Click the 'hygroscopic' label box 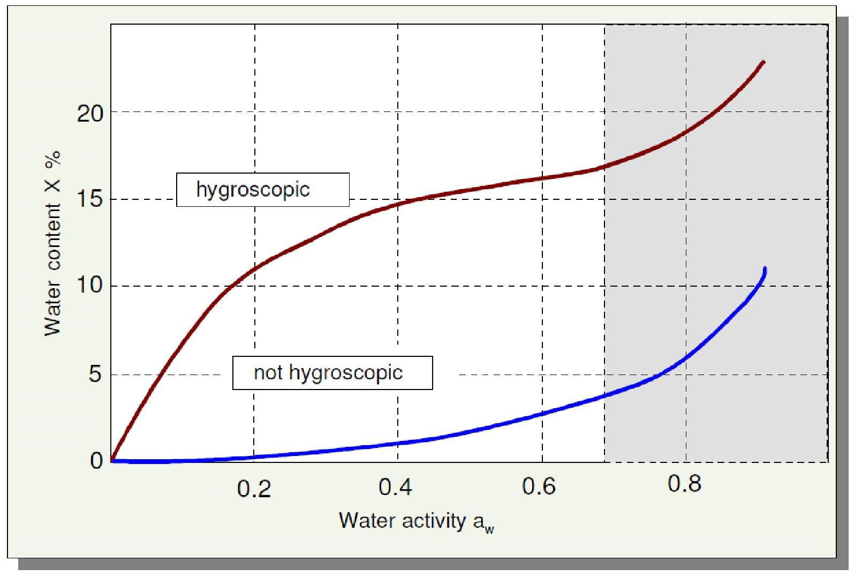(x=263, y=190)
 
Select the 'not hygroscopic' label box (x=332, y=373)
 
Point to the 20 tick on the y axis (x=90, y=113)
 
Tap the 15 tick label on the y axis (x=90, y=200)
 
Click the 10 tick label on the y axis (x=90, y=286)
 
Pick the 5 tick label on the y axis (x=95, y=374)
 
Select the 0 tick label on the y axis (x=96, y=461)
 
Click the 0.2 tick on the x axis (x=254, y=488)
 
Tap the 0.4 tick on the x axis (x=396, y=487)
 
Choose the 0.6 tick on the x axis (x=539, y=487)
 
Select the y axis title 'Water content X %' (x=53, y=244)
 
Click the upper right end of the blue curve (x=765, y=268)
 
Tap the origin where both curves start (x=112, y=460)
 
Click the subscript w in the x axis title (x=489, y=530)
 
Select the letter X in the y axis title (x=53, y=188)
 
